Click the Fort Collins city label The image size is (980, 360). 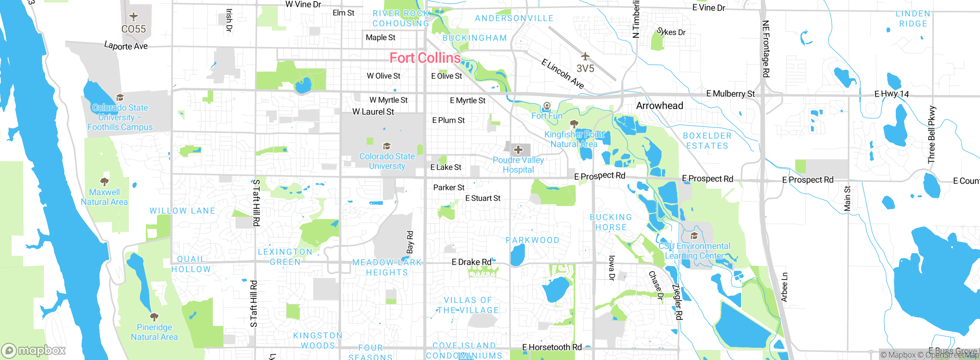pos(425,58)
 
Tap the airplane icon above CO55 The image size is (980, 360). pos(133,17)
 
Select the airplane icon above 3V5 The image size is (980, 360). pos(585,57)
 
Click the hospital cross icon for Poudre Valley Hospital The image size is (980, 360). pos(518,149)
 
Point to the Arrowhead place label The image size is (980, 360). pos(659,106)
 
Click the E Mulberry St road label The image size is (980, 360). pos(730,94)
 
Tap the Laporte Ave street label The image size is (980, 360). pos(126,46)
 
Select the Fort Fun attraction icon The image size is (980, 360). pos(547,105)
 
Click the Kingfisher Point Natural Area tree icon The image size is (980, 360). pos(574,124)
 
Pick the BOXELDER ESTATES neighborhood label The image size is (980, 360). pos(707,141)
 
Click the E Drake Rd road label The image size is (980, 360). pos(471,262)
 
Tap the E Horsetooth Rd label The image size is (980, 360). pos(552,347)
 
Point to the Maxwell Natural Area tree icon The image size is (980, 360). pos(104,182)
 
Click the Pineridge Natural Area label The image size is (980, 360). pos(154,332)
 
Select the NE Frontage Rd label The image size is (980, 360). pos(766,49)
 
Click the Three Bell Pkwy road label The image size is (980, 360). pos(931,135)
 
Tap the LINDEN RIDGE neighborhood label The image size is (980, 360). pos(913,19)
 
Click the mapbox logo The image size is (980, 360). pos(34,350)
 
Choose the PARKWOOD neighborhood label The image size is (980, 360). pos(532,240)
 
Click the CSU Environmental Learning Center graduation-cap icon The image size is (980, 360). pos(694,235)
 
